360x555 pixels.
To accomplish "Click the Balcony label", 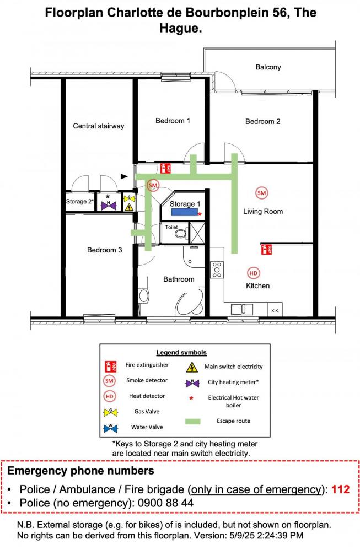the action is [268, 67].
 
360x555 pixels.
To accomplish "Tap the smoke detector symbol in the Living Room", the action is [262, 193].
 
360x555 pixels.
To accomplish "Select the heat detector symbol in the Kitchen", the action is [253, 273].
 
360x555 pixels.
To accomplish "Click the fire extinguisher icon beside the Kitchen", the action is [266, 250].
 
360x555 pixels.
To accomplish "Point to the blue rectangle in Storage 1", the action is [185, 212].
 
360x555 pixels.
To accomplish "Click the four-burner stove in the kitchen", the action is [217, 270].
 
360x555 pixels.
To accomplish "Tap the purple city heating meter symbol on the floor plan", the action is [109, 205].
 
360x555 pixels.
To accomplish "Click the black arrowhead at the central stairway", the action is [124, 176].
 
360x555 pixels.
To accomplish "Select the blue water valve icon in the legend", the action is [110, 428].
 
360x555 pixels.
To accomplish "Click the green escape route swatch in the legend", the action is [192, 421].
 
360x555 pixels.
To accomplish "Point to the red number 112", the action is [340, 489].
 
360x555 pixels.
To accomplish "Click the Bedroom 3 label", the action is [104, 250].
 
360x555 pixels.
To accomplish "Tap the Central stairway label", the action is [98, 126].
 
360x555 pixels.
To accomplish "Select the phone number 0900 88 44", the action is [165, 503].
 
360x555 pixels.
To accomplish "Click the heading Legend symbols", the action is [181, 353].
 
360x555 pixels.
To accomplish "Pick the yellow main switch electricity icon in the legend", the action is [192, 367].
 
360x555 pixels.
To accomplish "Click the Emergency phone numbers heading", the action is [80, 471].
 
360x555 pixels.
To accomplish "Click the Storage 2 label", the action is [80, 201].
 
